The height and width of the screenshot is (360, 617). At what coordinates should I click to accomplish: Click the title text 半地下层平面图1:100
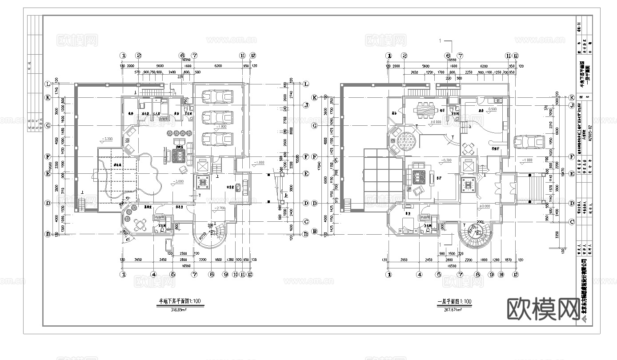[180, 301]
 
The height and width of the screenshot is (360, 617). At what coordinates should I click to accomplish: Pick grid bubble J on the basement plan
[306, 105]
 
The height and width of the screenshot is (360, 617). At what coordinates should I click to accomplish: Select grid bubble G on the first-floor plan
[315, 126]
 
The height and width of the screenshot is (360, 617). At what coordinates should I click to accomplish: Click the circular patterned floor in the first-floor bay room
[407, 142]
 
